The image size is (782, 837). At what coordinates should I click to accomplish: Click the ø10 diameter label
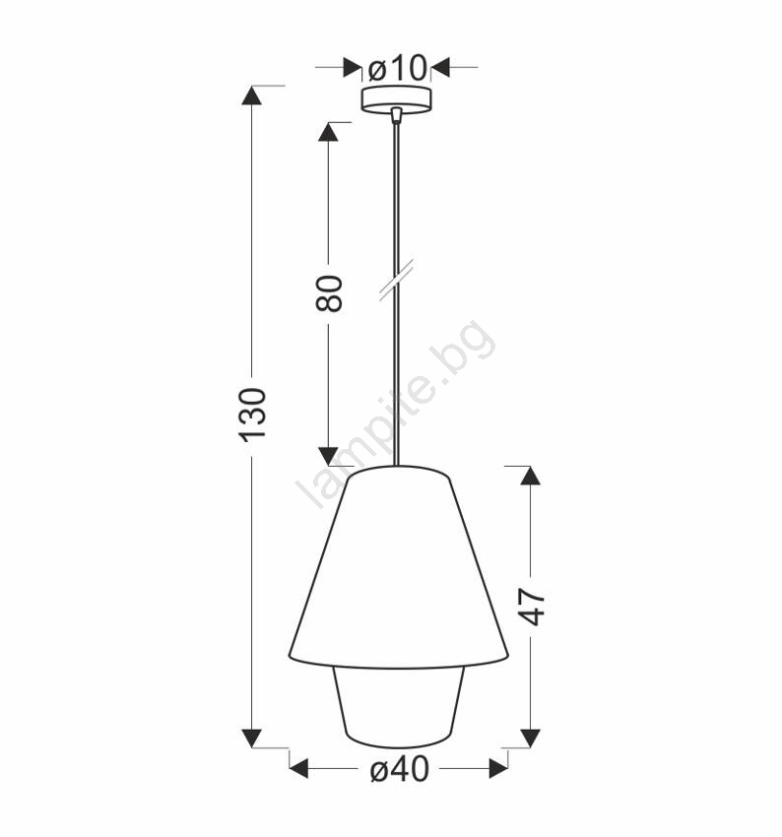[x=398, y=68]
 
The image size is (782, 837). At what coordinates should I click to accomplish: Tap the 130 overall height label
[x=252, y=415]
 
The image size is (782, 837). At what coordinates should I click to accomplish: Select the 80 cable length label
[x=328, y=293]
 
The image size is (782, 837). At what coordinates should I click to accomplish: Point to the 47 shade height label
[x=532, y=607]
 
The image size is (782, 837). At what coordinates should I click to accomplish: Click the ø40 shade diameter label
[x=399, y=769]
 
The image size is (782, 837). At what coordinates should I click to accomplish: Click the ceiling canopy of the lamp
[x=397, y=99]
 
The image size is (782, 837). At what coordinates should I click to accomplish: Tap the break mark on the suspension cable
[x=396, y=281]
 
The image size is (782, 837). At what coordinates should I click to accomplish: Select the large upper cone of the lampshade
[x=399, y=567]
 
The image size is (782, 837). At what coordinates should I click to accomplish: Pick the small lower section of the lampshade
[x=397, y=707]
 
